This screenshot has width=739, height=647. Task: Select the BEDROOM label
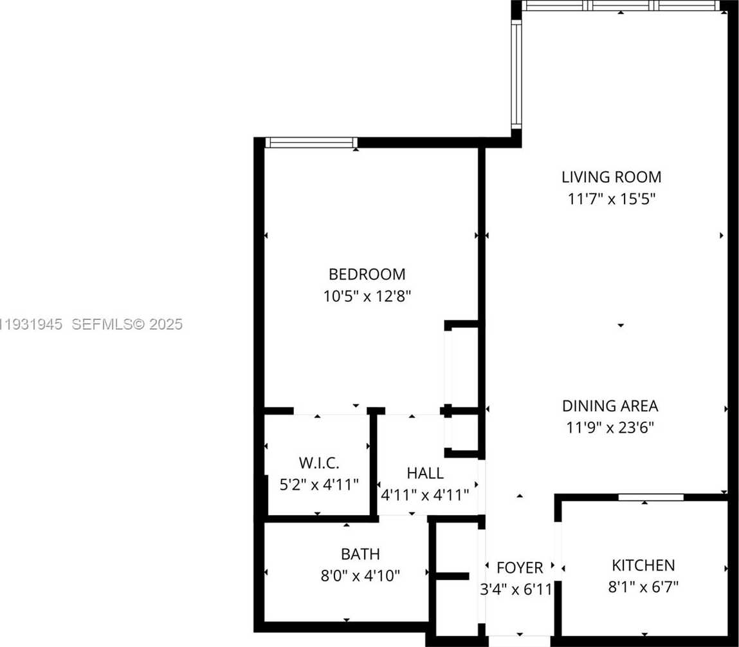[x=367, y=274]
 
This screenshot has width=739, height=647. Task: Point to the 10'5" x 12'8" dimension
[x=367, y=297]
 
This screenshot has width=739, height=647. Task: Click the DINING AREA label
[x=610, y=406]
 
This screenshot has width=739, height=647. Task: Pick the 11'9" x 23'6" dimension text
[x=610, y=427]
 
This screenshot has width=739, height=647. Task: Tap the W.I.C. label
[x=318, y=462]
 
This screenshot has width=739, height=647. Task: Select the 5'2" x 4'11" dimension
[x=318, y=484]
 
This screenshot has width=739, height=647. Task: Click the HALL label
[x=424, y=473]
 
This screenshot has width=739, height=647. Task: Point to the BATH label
[x=360, y=554]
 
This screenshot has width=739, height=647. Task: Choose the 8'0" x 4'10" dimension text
[x=360, y=576]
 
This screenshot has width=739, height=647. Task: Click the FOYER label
[x=520, y=568]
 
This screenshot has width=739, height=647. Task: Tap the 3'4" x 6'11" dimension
[x=516, y=589]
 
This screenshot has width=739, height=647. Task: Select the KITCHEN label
[x=643, y=565]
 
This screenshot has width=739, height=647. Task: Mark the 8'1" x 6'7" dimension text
[x=643, y=586]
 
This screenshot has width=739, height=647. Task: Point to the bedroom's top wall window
[x=311, y=142]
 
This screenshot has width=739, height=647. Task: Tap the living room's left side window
[x=516, y=74]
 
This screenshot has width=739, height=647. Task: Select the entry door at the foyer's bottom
[x=520, y=641]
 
